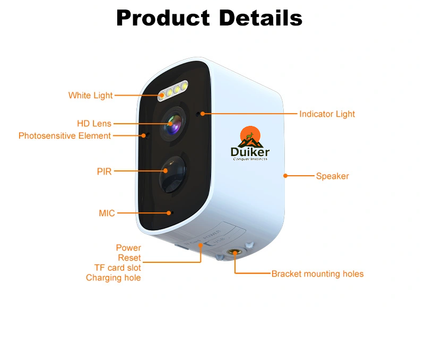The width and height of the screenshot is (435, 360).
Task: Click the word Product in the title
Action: point(163,19)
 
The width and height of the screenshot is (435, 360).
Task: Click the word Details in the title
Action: point(260,19)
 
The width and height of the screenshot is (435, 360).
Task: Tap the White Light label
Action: point(90,96)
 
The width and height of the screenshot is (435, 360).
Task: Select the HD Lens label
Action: point(94,124)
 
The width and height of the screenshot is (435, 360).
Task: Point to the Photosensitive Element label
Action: point(65,136)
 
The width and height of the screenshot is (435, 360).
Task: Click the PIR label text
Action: point(104,172)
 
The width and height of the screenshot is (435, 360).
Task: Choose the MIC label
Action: point(107,213)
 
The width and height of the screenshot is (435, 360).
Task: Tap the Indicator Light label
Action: point(327,114)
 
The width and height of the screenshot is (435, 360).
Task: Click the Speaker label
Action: point(332,176)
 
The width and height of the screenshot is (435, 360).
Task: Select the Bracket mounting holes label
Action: point(317,274)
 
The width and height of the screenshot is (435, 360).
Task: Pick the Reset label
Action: point(129,258)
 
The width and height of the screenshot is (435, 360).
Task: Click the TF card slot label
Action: point(117,268)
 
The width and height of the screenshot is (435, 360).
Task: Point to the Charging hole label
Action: point(113,278)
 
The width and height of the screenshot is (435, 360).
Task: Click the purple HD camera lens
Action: point(173,124)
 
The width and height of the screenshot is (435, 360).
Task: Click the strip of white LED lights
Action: point(172,90)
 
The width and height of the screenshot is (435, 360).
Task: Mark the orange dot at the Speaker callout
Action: point(285,176)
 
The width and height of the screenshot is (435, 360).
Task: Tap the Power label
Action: point(128,248)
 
